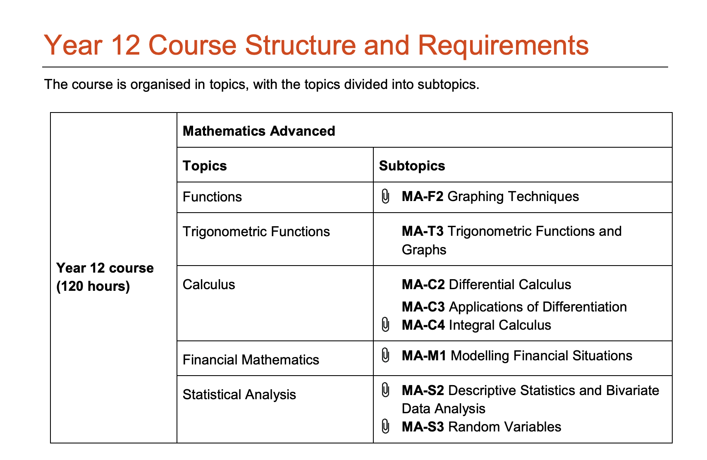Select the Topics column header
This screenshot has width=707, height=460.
tap(205, 166)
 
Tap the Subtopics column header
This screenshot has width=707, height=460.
tap(412, 166)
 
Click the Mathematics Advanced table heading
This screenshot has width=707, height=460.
tap(259, 131)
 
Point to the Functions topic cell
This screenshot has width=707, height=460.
tap(212, 197)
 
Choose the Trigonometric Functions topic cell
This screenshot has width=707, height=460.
tap(256, 232)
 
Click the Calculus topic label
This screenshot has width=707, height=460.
tap(209, 285)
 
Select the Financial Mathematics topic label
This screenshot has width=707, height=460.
tap(251, 360)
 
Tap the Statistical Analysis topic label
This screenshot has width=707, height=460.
tap(239, 395)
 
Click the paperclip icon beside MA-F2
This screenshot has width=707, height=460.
tap(385, 196)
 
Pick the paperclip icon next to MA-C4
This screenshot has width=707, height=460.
tap(385, 325)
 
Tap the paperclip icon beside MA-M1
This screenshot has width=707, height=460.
tap(385, 355)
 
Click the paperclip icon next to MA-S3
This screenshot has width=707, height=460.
tap(385, 426)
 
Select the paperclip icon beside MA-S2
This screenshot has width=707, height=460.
tap(385, 390)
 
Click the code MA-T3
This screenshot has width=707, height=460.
tap(423, 231)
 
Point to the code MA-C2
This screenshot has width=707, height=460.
tap(423, 285)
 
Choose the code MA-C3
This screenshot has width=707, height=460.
tap(423, 307)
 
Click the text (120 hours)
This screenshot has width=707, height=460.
tap(93, 286)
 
